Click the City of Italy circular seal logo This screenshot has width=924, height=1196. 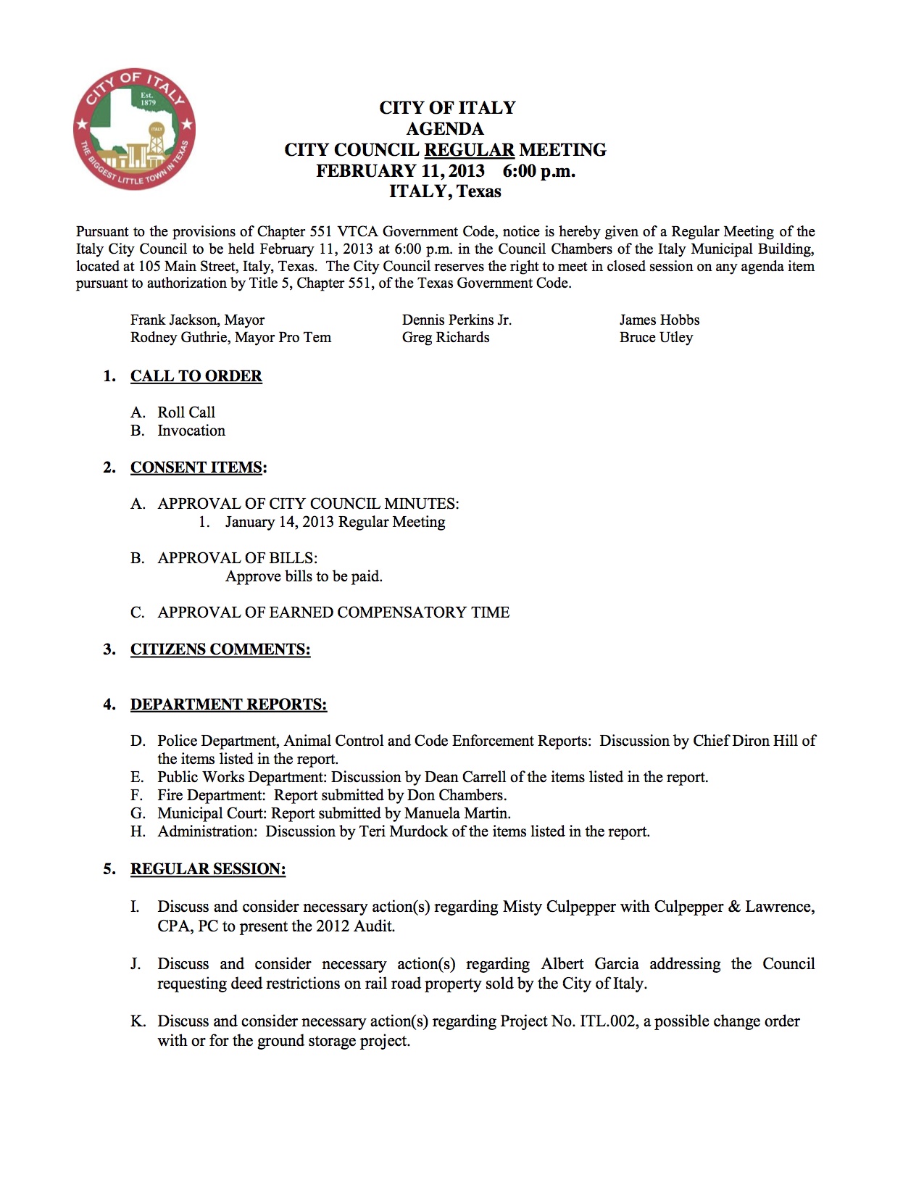[x=134, y=130]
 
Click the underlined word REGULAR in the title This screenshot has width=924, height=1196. [x=469, y=150]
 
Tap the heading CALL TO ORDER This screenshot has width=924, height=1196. [x=196, y=376]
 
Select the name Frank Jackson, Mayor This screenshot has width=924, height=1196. [x=197, y=320]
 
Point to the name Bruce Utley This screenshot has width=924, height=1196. [x=656, y=337]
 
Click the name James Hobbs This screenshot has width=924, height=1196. [x=659, y=320]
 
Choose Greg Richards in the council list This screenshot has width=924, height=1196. [x=446, y=337]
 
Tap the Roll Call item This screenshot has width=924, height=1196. [x=186, y=412]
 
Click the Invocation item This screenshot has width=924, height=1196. [x=191, y=431]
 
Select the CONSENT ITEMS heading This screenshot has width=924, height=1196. [x=196, y=468]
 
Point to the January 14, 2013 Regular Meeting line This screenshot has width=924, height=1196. [x=335, y=522]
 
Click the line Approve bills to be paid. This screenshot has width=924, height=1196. [x=304, y=576]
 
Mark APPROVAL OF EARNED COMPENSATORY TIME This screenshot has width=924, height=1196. [x=333, y=612]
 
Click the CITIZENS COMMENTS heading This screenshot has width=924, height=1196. [x=220, y=649]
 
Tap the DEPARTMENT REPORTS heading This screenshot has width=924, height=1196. [x=228, y=705]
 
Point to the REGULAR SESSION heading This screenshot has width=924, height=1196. [x=208, y=869]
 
